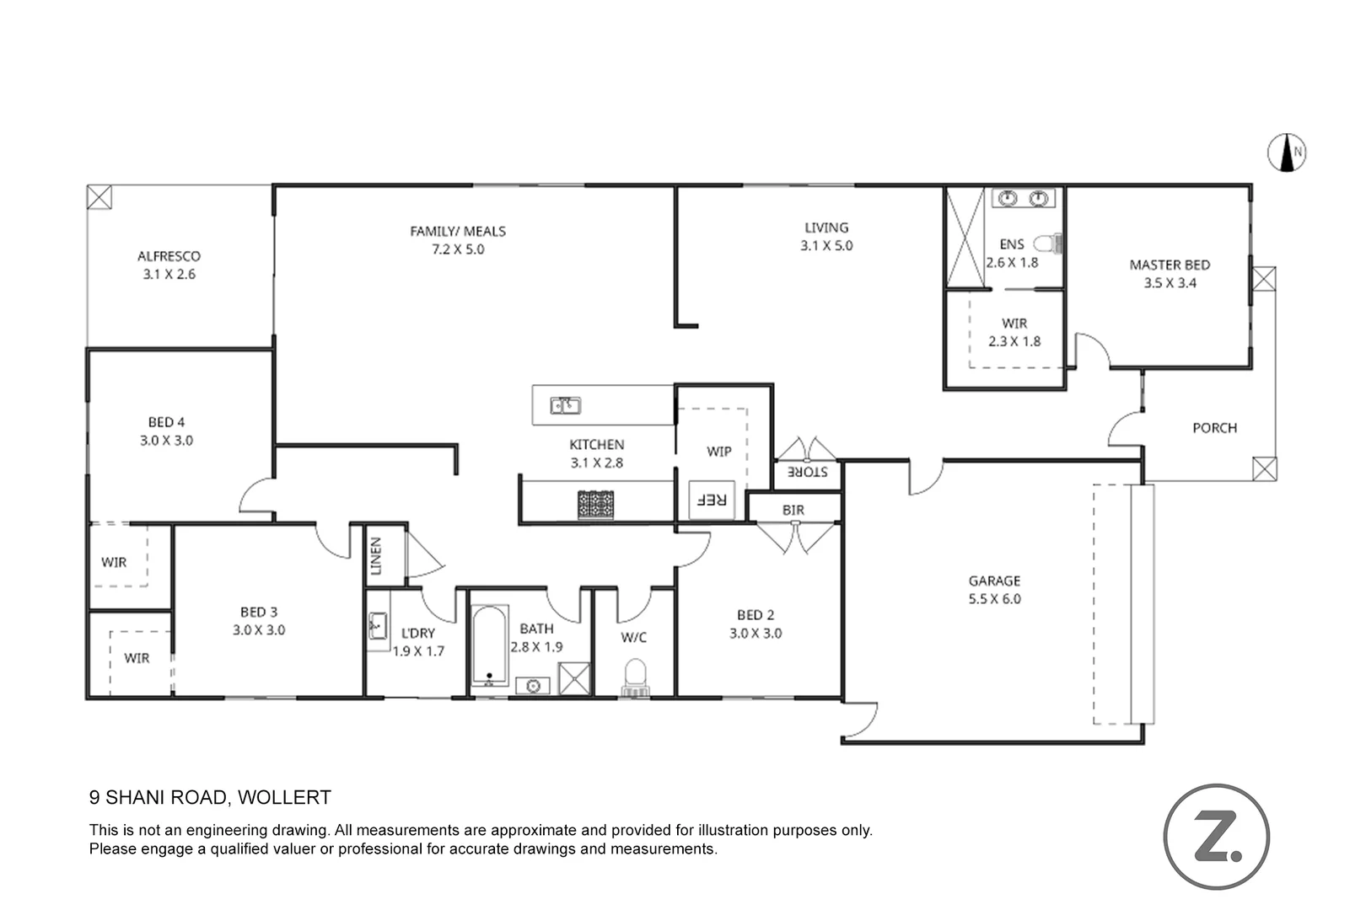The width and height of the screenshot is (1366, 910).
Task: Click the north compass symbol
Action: [x=1287, y=153]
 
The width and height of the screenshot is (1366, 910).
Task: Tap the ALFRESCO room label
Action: [x=169, y=256]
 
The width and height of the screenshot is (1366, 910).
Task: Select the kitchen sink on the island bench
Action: [x=565, y=406]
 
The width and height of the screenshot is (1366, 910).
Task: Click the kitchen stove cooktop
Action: [x=595, y=505]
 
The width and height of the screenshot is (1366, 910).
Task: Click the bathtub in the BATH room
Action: [x=489, y=645]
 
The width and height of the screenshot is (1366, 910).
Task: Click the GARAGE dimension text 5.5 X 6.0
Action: [x=994, y=599]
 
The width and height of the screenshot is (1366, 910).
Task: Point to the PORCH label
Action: [x=1214, y=428]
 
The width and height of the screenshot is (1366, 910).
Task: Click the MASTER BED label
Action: [x=1169, y=265]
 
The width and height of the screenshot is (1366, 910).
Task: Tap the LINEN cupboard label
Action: [x=376, y=556]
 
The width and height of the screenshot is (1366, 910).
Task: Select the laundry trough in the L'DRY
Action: [x=378, y=626]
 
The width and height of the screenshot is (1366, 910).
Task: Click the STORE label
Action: [x=807, y=472]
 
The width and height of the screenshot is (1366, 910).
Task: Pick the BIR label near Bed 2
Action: [x=793, y=510]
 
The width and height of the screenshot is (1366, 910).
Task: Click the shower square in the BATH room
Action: [x=574, y=678]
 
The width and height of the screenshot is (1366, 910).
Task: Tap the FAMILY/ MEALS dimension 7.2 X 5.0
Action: [x=458, y=249]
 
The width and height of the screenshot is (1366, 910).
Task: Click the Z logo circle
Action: [x=1216, y=836]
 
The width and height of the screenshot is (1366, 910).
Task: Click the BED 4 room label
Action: [x=166, y=422]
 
